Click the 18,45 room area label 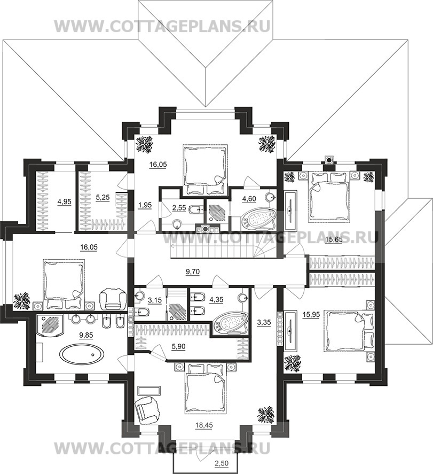[204, 425]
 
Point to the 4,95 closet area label [64, 201]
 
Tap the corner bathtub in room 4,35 [230, 323]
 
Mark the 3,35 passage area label [264, 322]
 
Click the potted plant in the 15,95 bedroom [293, 362]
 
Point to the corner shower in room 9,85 [50, 325]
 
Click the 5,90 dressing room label [178, 347]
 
